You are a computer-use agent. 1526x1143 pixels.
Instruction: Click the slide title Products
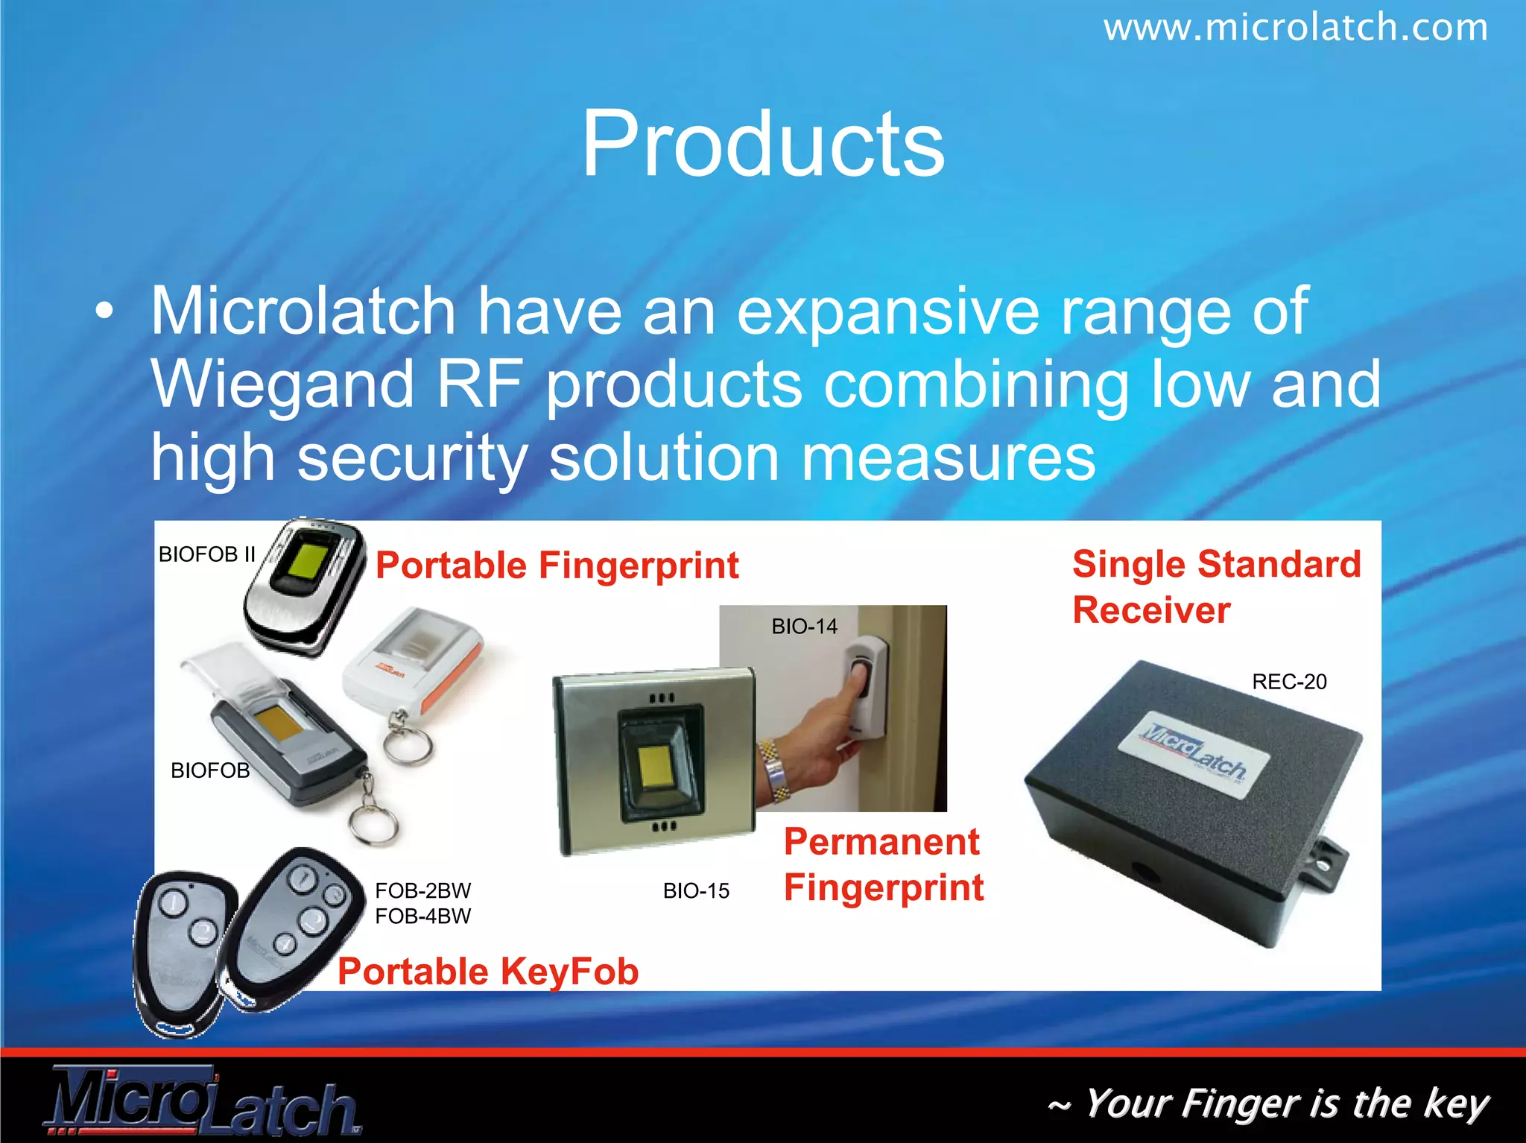[763, 143]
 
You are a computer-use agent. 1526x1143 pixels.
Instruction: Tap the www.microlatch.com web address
[1295, 28]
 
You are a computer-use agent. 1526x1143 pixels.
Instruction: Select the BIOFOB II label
[206, 554]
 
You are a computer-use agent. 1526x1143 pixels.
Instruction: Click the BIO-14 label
[804, 627]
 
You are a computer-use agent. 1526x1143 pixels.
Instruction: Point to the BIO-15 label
[696, 891]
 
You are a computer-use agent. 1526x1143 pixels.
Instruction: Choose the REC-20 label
[1289, 682]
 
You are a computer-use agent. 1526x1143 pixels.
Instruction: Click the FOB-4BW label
[422, 916]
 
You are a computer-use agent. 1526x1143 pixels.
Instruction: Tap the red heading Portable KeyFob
[488, 972]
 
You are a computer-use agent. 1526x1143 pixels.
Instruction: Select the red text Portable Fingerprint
[557, 566]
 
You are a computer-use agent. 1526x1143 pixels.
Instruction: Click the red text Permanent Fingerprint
[883, 865]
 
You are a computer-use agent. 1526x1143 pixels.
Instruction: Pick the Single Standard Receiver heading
[1216, 587]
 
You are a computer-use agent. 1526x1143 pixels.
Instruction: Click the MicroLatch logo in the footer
[201, 1101]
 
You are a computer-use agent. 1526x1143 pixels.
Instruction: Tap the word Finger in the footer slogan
[1222, 1103]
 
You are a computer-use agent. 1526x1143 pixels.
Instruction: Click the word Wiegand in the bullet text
[283, 384]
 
